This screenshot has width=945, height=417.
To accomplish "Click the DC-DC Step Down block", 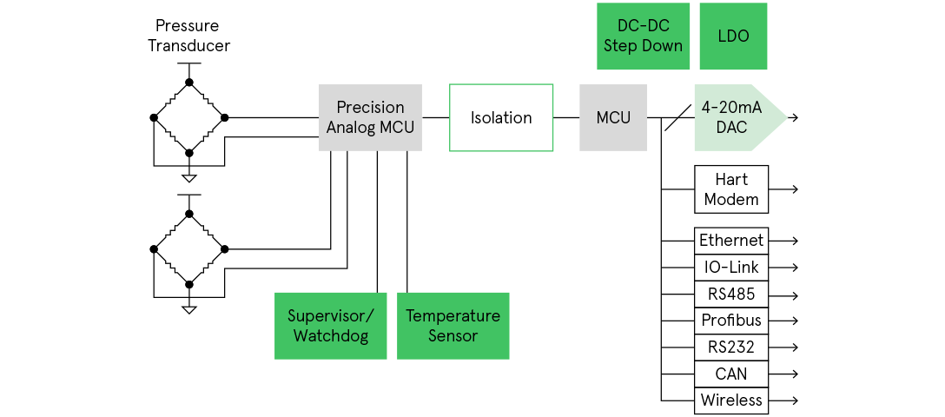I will [x=643, y=36].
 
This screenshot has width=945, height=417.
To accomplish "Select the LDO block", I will [x=733, y=36].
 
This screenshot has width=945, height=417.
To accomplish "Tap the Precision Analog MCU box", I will [x=370, y=118].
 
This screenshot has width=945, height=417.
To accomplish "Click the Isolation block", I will [x=501, y=118].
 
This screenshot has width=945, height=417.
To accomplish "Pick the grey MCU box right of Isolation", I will [x=613, y=118].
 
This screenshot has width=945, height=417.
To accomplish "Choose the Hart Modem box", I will [x=731, y=189].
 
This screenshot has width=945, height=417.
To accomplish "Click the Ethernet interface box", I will [x=731, y=241].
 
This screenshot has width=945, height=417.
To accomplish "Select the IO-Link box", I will [x=731, y=268].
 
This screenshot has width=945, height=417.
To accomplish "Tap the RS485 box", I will [x=731, y=295].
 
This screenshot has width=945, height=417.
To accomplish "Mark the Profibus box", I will [x=731, y=321].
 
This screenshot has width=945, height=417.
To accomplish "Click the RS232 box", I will [x=731, y=347].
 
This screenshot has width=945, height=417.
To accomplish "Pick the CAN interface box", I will [x=731, y=374].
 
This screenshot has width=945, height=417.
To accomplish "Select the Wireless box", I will [x=731, y=400].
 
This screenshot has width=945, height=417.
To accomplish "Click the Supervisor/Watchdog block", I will [x=331, y=326].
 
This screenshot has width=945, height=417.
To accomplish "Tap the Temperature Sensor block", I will [x=453, y=326].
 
